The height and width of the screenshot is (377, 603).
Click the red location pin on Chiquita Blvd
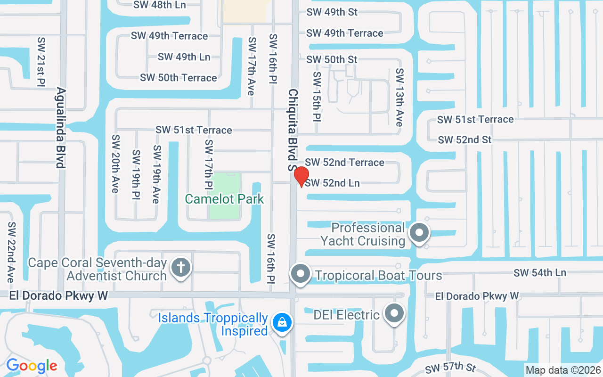tap(301, 176)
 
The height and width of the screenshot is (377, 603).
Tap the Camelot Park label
tap(224, 199)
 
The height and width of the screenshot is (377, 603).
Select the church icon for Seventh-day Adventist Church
tap(180, 268)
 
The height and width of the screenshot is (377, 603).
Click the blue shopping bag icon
tap(282, 323)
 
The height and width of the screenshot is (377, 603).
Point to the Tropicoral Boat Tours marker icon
tap(300, 273)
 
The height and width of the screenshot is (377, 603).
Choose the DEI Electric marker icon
tap(394, 313)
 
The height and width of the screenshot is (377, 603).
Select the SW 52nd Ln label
tap(333, 183)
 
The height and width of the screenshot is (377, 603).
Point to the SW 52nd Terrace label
tap(345, 163)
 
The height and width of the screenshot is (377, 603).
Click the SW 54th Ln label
tap(540, 272)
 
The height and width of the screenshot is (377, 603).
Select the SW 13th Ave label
tap(399, 97)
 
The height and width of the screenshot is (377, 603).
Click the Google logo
tap(32, 366)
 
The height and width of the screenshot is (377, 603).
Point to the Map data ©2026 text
tap(563, 370)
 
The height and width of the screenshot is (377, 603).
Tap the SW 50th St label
tap(332, 59)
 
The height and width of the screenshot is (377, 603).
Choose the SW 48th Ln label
tap(160, 5)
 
